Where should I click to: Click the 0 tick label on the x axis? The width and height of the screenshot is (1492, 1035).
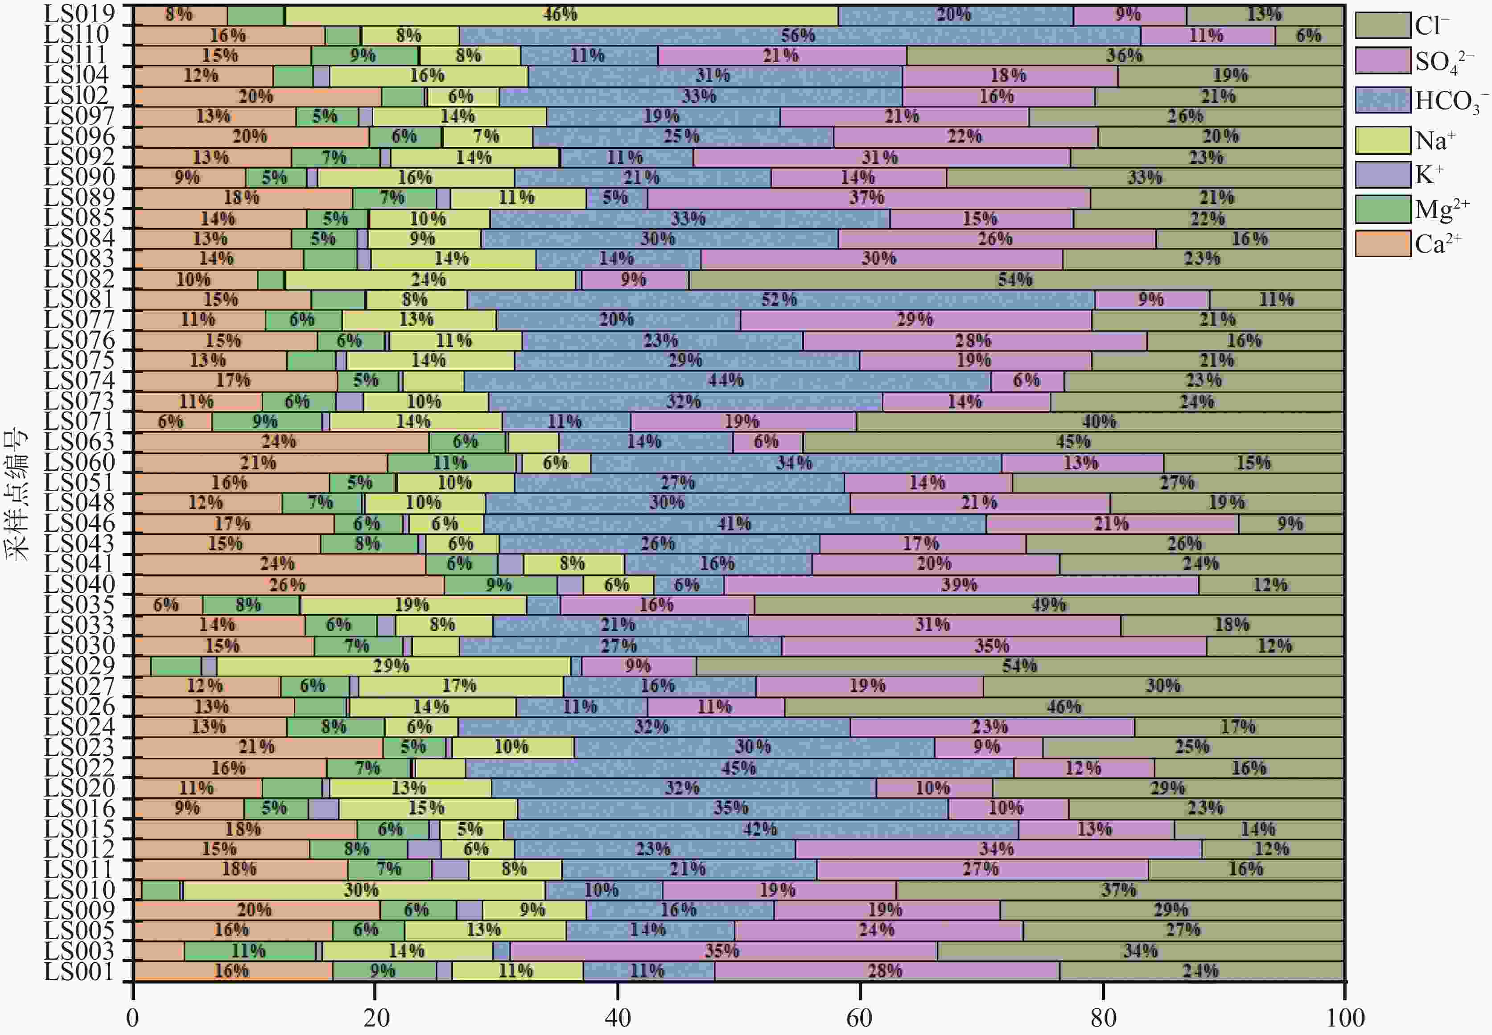(x=133, y=1017)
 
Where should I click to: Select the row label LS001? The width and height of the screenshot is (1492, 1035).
(x=79, y=971)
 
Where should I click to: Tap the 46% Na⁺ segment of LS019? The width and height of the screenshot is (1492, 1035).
(x=561, y=15)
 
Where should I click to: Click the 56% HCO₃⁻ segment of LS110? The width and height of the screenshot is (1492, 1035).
(x=799, y=36)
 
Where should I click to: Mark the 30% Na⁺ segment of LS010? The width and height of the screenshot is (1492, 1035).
(x=363, y=890)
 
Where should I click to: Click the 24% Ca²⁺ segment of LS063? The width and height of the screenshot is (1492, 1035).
(x=280, y=442)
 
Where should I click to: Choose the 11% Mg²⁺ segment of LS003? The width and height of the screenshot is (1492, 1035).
(x=250, y=951)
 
